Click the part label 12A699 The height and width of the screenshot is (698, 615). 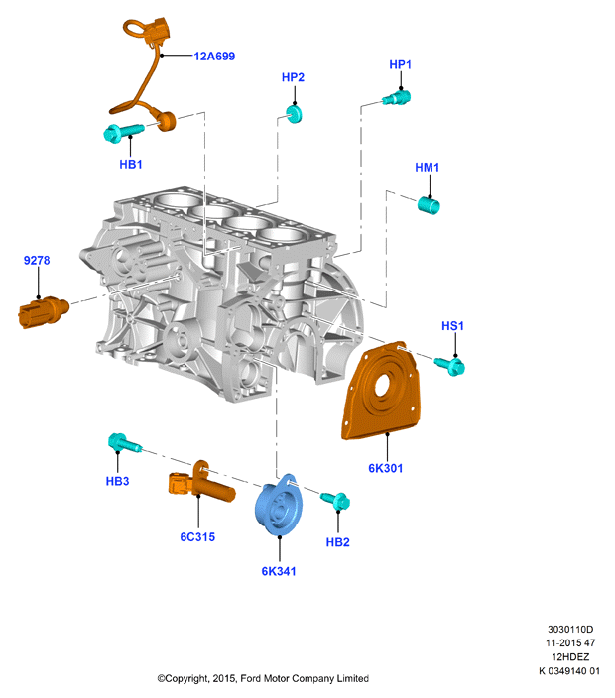tap(214, 57)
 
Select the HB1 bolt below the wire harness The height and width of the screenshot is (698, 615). tap(123, 133)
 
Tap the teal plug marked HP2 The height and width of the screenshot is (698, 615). tap(294, 113)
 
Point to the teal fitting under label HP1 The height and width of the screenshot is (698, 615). tap(397, 98)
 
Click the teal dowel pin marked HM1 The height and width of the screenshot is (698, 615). tap(429, 205)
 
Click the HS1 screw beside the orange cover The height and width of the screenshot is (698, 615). tap(449, 366)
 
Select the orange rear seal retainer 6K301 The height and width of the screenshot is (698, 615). tap(382, 392)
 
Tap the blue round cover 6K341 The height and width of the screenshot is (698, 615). tap(279, 505)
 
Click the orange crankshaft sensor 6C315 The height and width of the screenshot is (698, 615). tap(201, 484)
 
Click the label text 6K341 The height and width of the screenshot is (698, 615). tap(279, 571)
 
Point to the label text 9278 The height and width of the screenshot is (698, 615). tap(37, 261)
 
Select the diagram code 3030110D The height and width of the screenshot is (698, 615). tap(570, 629)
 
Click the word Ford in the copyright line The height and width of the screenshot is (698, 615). tap(250, 679)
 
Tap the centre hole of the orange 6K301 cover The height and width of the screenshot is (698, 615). tap(383, 386)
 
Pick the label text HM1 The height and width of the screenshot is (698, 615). tap(428, 167)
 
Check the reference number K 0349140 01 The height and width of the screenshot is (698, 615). tap(569, 671)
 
